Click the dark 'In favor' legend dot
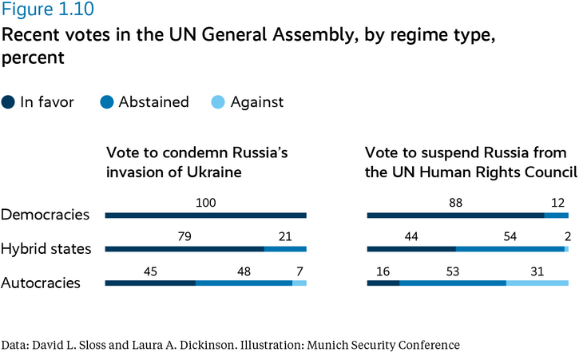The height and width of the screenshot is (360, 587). click(9, 102)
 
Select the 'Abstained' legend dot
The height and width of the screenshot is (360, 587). click(108, 102)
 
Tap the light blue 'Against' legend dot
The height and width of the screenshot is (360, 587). click(220, 102)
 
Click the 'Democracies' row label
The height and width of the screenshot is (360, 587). click(46, 215)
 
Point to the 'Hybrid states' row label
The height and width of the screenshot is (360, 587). click(46, 248)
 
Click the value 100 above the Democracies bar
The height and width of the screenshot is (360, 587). click(206, 203)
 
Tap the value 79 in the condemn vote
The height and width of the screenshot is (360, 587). click(184, 237)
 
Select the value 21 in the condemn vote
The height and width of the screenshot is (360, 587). click(285, 237)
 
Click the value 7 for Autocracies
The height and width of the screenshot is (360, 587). click(299, 271)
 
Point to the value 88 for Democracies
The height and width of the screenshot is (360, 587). click(455, 203)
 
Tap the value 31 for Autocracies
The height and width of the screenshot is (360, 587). click(537, 271)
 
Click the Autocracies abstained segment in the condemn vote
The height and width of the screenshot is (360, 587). click(244, 283)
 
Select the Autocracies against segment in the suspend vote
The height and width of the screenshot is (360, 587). click(537, 283)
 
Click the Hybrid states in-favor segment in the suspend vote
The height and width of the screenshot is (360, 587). click(411, 249)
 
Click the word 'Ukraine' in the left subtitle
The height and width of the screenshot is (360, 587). click(216, 172)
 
